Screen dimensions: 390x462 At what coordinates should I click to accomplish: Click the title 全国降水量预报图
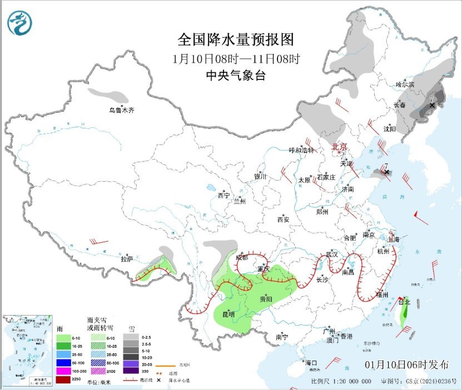click(x=235, y=40)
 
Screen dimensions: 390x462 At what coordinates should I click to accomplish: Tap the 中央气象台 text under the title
click(x=235, y=76)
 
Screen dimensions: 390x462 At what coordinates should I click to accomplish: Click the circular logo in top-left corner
click(x=20, y=23)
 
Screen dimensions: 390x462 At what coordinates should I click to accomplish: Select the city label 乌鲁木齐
click(x=121, y=111)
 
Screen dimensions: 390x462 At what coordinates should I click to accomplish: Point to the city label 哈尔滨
click(x=405, y=84)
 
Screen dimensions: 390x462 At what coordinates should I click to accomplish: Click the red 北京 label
click(x=339, y=147)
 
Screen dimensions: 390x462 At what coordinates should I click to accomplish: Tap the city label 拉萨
click(x=127, y=258)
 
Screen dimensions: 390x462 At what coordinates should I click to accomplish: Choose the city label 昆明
click(x=228, y=314)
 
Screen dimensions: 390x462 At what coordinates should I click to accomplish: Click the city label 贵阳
click(x=266, y=299)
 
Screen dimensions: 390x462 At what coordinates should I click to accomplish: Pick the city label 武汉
click(x=332, y=254)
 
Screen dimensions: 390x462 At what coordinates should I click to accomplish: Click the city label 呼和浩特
click(x=301, y=150)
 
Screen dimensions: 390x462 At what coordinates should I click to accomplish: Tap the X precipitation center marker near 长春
click(x=432, y=104)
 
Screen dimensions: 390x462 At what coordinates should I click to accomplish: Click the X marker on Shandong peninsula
click(x=387, y=172)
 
